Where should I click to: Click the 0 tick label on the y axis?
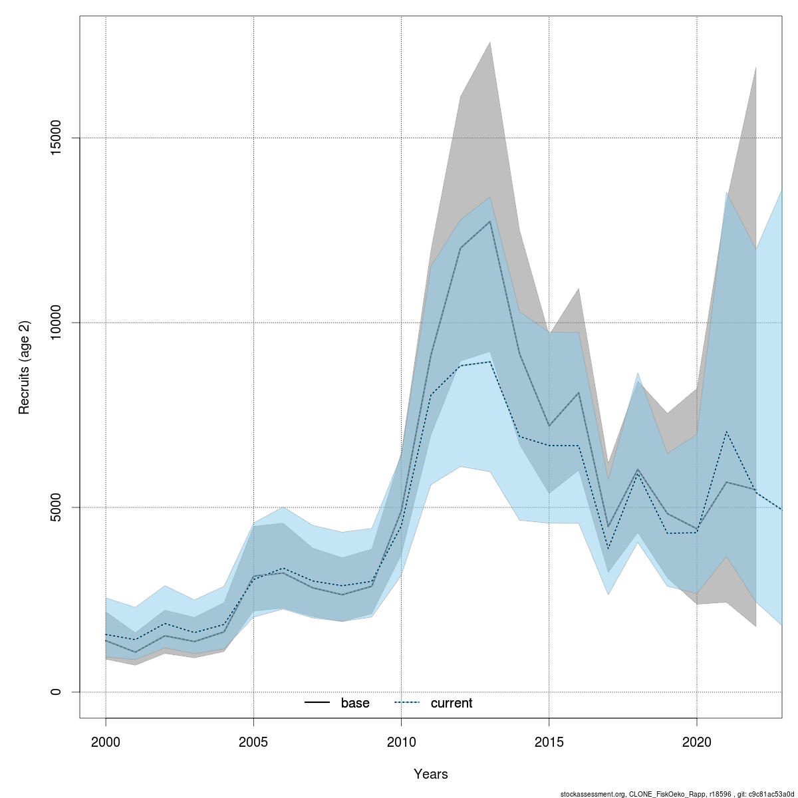point(56,692)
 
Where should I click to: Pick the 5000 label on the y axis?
point(56,507)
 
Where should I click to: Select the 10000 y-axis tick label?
point(56,323)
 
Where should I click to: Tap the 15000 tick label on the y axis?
point(56,138)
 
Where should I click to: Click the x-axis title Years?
point(431,774)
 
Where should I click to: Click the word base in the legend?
point(355,703)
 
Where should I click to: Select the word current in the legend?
point(452,703)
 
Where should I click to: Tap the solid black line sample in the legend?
point(318,703)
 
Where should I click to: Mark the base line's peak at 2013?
point(490,221)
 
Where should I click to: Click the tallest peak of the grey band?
point(490,43)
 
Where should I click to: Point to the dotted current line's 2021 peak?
point(726,432)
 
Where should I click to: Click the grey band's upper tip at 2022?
point(755,67)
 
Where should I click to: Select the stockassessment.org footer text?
point(678,793)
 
